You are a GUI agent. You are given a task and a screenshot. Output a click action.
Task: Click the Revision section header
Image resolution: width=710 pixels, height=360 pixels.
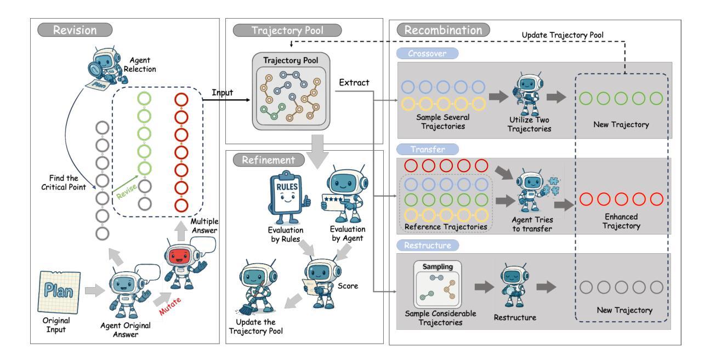75,30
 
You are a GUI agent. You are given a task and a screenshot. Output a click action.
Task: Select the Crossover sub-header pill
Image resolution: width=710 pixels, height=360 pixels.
427,54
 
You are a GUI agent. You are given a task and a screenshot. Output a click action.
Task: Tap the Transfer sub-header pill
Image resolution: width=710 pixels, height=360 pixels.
427,149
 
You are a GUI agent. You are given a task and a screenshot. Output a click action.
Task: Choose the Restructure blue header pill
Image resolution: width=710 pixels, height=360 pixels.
427,245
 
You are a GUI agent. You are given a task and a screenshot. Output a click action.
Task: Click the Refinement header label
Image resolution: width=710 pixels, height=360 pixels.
269,159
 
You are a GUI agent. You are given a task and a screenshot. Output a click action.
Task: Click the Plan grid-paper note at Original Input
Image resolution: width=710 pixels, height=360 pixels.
59,292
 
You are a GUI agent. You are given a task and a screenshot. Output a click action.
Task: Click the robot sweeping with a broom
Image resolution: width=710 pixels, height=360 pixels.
256,287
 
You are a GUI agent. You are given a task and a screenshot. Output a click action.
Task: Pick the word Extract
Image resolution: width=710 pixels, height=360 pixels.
354,83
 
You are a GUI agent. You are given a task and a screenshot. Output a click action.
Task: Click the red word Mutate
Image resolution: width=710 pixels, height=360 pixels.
170,306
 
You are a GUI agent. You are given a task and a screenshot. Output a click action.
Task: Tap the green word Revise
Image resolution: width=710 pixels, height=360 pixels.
127,191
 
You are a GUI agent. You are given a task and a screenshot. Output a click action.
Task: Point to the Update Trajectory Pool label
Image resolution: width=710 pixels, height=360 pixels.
563,35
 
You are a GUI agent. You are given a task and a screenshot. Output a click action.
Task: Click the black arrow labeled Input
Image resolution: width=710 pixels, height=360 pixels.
226,100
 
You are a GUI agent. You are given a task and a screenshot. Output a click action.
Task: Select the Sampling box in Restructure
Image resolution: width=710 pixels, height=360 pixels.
438,284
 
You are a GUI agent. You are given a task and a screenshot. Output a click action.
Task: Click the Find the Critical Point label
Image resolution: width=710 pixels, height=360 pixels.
64,182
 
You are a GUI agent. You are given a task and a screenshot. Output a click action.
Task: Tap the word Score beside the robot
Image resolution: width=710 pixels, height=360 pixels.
348,286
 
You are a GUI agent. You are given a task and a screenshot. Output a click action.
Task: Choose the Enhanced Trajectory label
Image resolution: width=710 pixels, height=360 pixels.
621,221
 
